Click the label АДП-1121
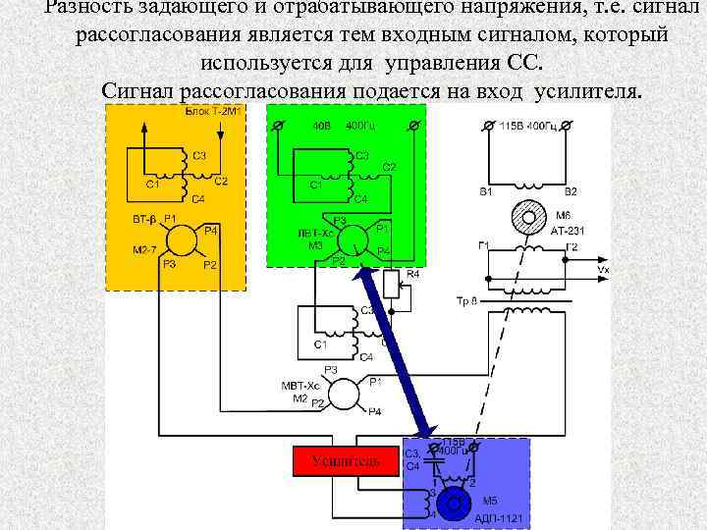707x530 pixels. tap(499, 518)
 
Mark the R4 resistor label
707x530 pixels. tap(412, 274)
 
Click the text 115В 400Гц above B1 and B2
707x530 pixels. tap(536, 128)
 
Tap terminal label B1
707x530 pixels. tap(485, 192)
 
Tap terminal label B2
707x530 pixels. tap(571, 192)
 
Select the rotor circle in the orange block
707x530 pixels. tap(180, 239)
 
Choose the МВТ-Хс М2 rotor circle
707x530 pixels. tap(345, 394)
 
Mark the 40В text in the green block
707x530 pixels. tap(322, 127)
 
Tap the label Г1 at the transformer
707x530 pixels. tap(484, 245)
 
